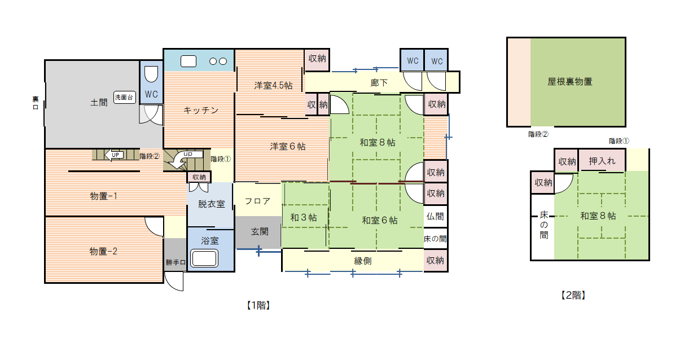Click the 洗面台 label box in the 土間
(124, 98)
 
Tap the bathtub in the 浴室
(204, 258)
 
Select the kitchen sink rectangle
(188, 62)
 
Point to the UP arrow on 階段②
(114, 155)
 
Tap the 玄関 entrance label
(260, 232)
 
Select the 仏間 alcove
(435, 217)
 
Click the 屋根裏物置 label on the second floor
(570, 82)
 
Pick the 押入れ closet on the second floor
(602, 160)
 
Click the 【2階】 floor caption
(573, 295)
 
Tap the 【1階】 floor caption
(258, 306)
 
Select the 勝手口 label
(176, 262)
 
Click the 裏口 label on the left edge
(36, 103)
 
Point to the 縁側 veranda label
(363, 261)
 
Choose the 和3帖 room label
(304, 218)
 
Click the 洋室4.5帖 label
(274, 85)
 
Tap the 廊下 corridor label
(379, 83)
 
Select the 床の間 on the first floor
(435, 239)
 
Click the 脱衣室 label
(212, 204)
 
